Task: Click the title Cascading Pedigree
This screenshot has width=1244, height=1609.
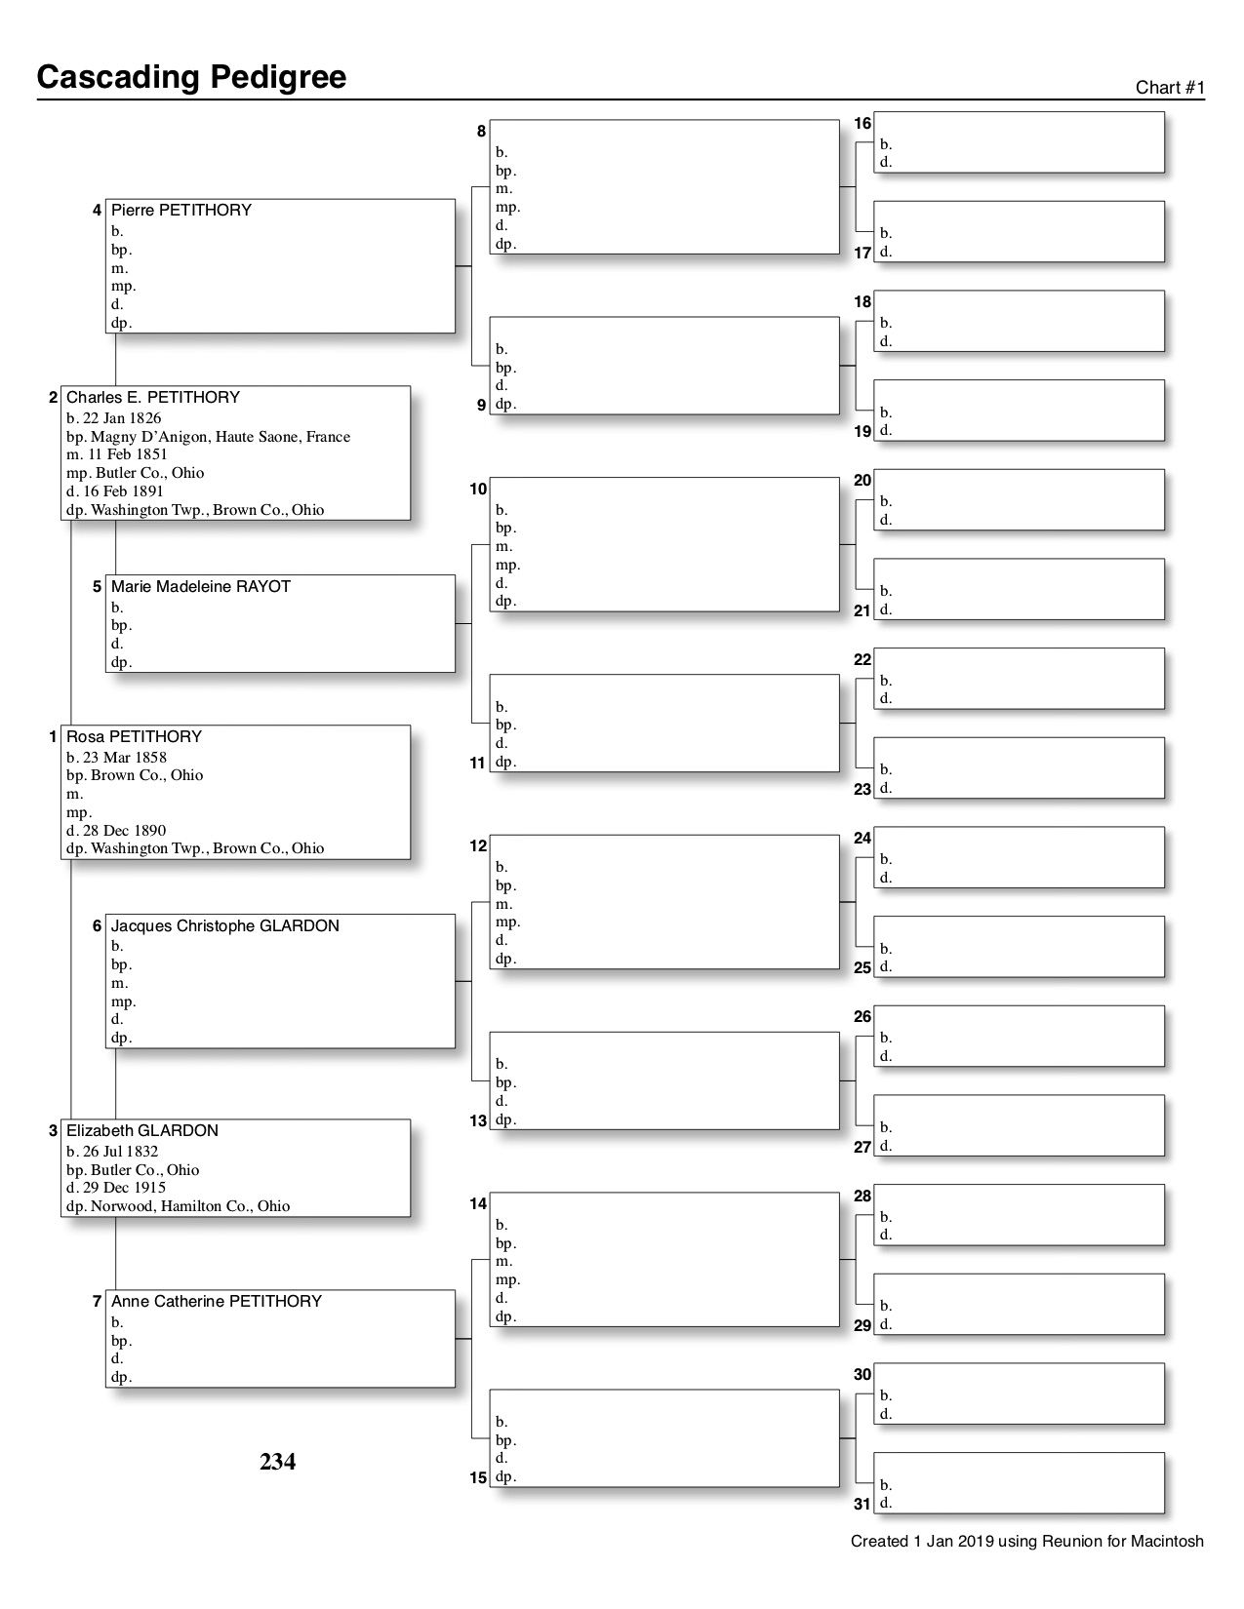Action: click(x=191, y=77)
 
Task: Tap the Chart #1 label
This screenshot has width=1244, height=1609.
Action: click(x=1170, y=88)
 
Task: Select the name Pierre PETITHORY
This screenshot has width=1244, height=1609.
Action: click(x=181, y=210)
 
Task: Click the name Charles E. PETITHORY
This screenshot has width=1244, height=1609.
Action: click(x=152, y=397)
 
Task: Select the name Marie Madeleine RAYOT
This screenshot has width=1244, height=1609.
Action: click(x=200, y=586)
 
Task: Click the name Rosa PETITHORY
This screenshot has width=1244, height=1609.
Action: click(x=134, y=736)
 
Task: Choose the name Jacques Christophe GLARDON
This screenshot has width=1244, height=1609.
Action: click(x=224, y=925)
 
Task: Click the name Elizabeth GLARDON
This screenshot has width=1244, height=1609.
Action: click(x=141, y=1130)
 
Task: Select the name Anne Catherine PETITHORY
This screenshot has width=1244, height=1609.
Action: click(x=216, y=1301)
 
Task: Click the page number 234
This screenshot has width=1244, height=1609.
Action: click(x=277, y=1461)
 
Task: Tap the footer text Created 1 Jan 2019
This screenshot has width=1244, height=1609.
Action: click(x=1026, y=1542)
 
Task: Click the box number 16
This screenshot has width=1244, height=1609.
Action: click(x=863, y=124)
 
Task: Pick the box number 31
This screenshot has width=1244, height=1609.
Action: click(x=863, y=1504)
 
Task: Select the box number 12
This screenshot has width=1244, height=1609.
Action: click(x=478, y=845)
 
